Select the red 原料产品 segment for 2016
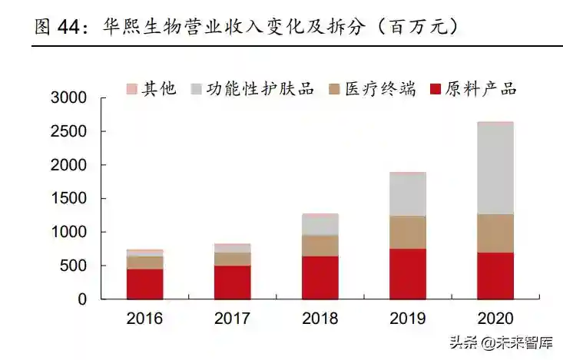(145, 283)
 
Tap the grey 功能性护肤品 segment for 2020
(495, 168)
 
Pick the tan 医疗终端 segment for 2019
(408, 232)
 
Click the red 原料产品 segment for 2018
(320, 277)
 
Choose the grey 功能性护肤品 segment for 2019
(408, 194)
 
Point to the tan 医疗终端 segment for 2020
(495, 233)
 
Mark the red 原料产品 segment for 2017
(233, 282)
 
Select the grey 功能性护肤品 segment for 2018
(320, 225)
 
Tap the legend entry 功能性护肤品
(254, 89)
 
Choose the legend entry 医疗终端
(372, 89)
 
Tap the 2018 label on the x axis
(320, 318)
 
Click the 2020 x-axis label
(495, 318)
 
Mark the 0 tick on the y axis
(82, 299)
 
